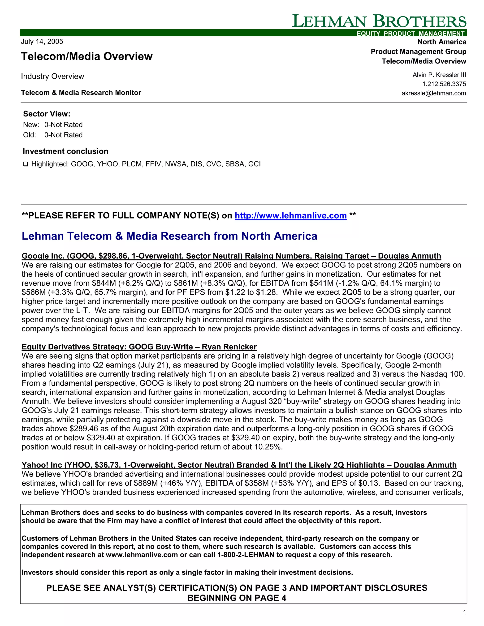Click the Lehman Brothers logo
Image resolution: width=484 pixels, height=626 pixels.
[x=379, y=21]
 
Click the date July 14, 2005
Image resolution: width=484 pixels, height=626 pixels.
[x=42, y=42]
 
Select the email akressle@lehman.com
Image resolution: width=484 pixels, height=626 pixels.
[x=433, y=93]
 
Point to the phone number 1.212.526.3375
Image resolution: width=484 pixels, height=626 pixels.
[x=444, y=84]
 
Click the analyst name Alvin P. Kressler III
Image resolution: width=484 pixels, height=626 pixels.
[x=439, y=75]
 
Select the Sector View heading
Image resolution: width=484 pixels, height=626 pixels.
[x=47, y=114]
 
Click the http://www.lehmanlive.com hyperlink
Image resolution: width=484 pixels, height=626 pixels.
[x=290, y=215]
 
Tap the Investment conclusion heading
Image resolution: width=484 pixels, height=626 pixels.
[x=65, y=151]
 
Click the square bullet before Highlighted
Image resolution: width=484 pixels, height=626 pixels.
[x=26, y=164]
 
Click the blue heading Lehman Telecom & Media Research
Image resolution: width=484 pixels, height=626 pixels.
[x=169, y=236]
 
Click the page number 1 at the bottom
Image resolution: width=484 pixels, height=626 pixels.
[x=464, y=613]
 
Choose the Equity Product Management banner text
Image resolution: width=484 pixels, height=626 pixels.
[x=410, y=34]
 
